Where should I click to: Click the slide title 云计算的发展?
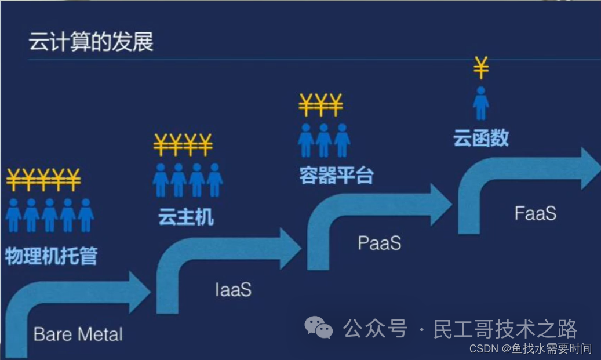[x=91, y=43]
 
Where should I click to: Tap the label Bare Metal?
[x=78, y=334]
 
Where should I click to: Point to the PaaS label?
[x=380, y=243]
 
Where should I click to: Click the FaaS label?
[x=535, y=213]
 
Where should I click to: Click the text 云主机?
[x=185, y=217]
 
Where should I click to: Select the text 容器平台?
[x=336, y=175]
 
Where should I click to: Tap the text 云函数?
[x=481, y=137]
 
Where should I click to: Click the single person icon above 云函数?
[x=481, y=103]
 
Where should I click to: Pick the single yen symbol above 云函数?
[x=481, y=68]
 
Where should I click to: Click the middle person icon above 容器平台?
[x=323, y=140]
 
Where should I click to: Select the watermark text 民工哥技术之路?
[x=505, y=329]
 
